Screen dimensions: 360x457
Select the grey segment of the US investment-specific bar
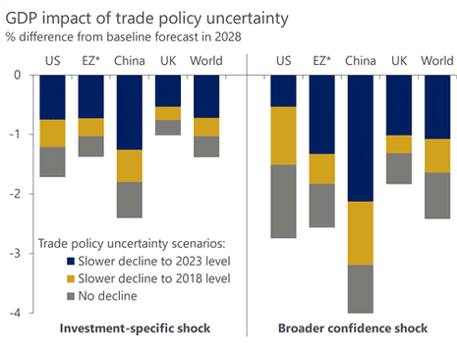point(52,161)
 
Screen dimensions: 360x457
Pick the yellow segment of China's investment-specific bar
point(129,165)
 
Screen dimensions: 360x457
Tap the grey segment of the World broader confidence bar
point(436,195)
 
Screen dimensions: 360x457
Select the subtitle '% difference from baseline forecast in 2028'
point(122,36)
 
